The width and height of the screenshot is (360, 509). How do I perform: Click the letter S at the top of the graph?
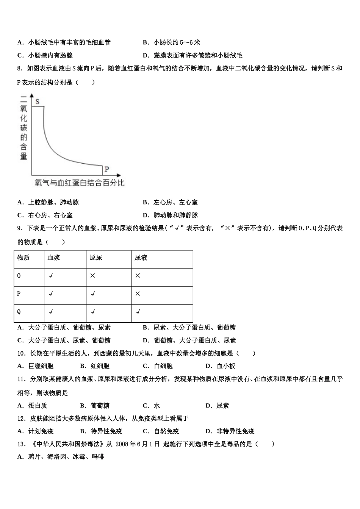38,101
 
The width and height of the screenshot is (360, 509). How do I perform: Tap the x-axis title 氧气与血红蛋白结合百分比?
79,183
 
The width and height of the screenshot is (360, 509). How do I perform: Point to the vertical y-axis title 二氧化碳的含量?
24,128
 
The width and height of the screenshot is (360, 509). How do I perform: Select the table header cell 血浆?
54,258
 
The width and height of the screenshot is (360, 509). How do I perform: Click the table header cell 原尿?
96,258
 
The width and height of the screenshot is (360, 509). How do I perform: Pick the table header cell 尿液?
141,258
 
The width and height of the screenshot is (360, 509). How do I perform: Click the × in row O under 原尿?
93,276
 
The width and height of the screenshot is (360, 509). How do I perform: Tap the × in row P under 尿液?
138,294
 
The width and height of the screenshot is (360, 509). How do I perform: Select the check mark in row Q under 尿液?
138,312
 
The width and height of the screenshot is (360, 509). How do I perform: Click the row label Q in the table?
19,312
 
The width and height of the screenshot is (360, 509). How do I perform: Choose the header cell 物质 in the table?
23,258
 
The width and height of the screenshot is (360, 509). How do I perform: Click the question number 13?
21,444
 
